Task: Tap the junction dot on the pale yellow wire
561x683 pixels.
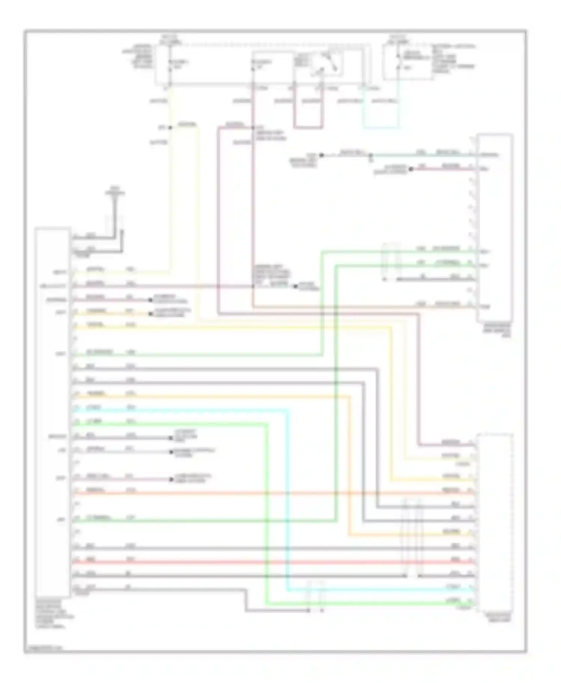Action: point(170,127)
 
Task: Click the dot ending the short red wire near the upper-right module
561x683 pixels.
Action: point(411,169)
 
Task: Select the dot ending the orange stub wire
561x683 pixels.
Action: point(151,313)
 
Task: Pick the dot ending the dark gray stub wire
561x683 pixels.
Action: point(171,438)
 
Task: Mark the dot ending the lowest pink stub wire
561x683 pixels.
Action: point(171,479)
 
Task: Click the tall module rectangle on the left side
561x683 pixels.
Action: point(52,411)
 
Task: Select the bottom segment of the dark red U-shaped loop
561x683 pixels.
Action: point(308,127)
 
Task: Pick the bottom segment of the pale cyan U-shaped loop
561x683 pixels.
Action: point(380,127)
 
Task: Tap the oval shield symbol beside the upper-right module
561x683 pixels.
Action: point(390,262)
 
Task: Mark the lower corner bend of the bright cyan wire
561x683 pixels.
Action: point(288,591)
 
